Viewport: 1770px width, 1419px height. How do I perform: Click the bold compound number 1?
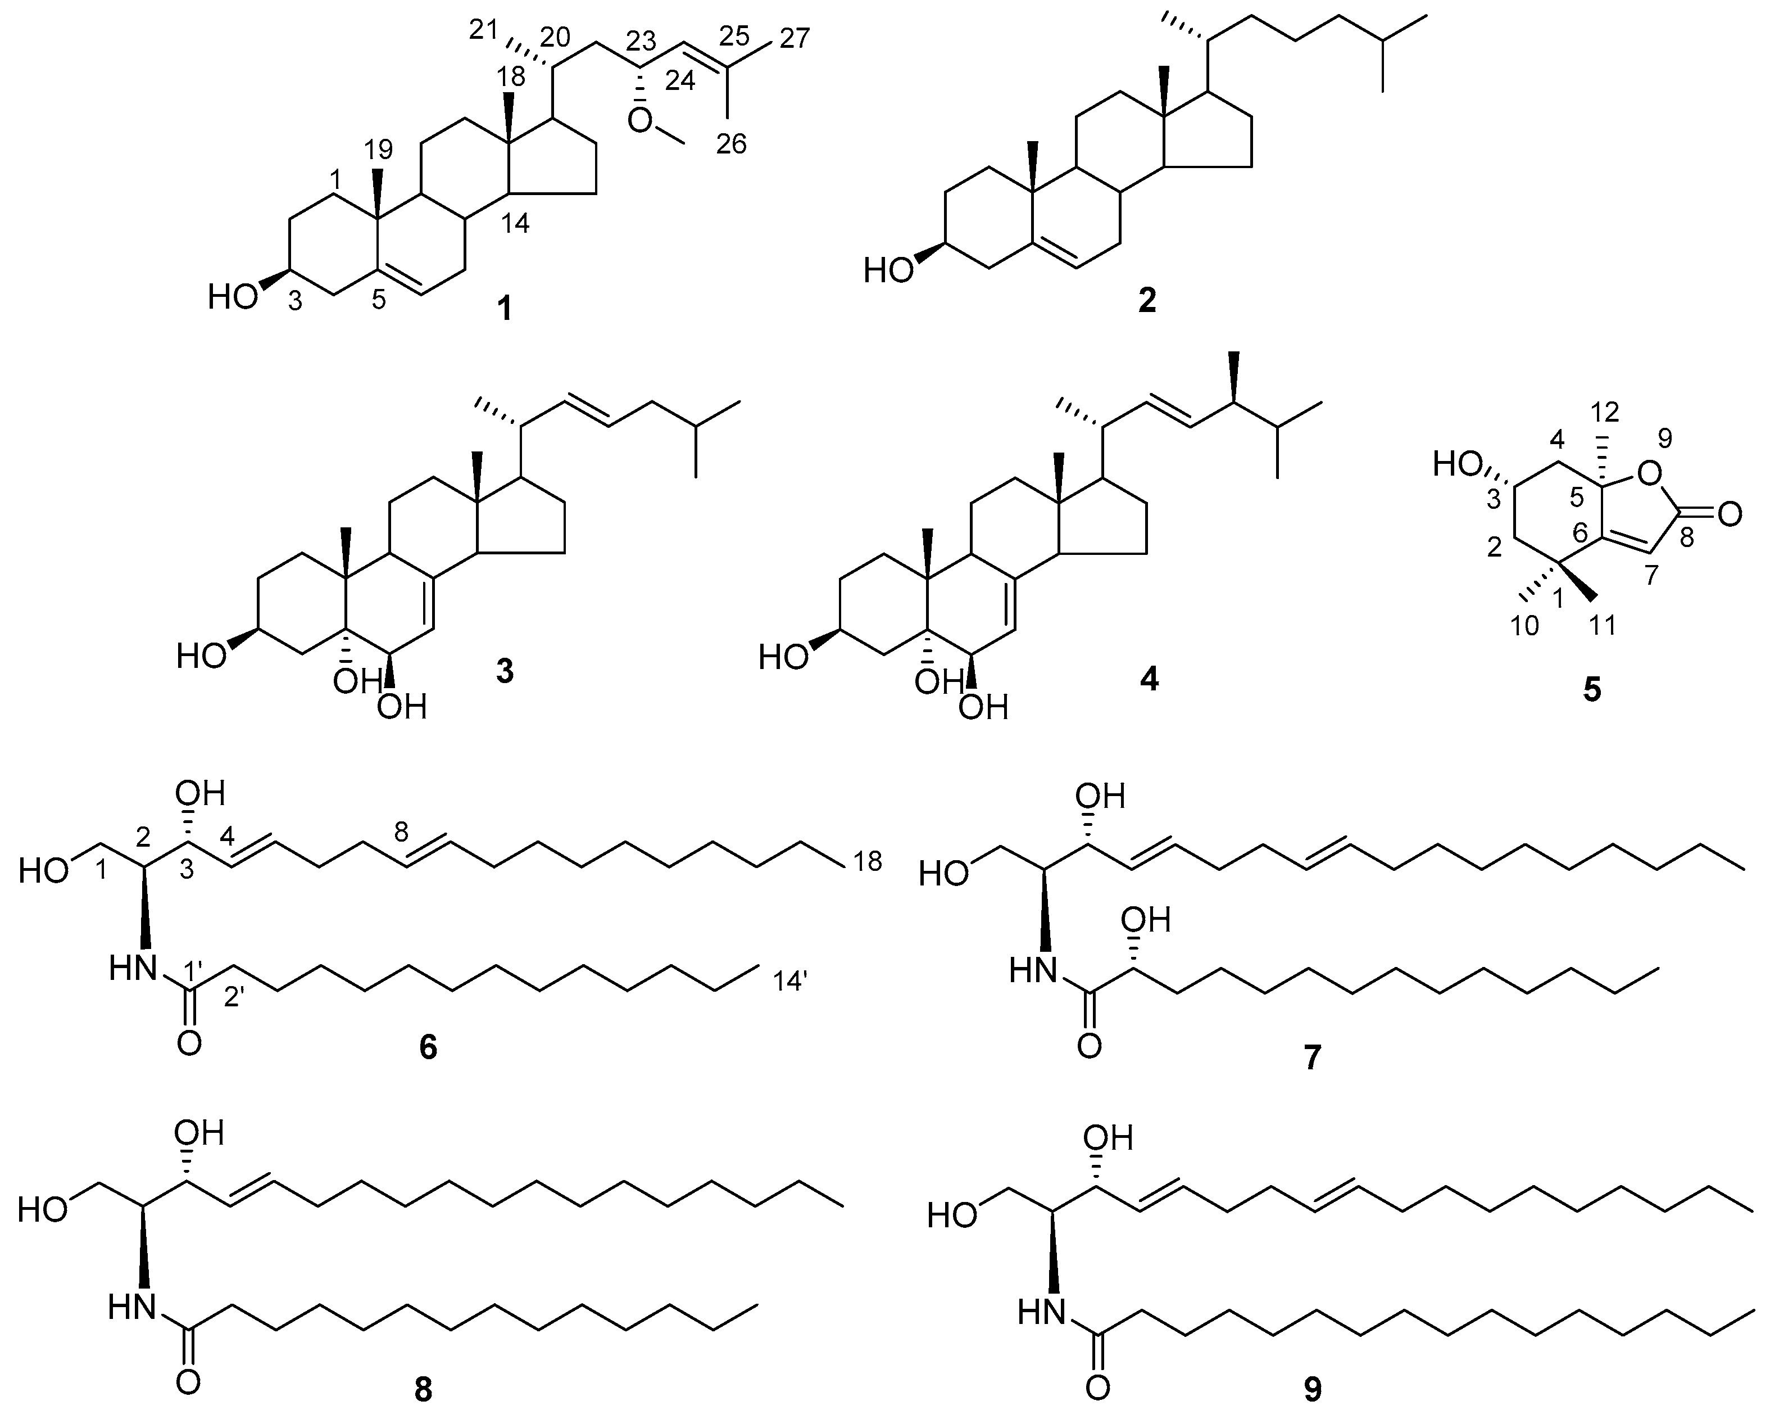(x=504, y=310)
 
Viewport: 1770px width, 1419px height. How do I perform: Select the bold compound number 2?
(x=1147, y=301)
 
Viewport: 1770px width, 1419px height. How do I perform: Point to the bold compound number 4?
(x=1149, y=678)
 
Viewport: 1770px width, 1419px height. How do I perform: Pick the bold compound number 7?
(x=1312, y=1058)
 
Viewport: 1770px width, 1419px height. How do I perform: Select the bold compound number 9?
(x=1313, y=1389)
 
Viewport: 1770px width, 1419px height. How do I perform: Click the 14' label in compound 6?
(x=791, y=980)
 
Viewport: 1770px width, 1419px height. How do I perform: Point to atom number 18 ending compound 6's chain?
(x=864, y=861)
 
